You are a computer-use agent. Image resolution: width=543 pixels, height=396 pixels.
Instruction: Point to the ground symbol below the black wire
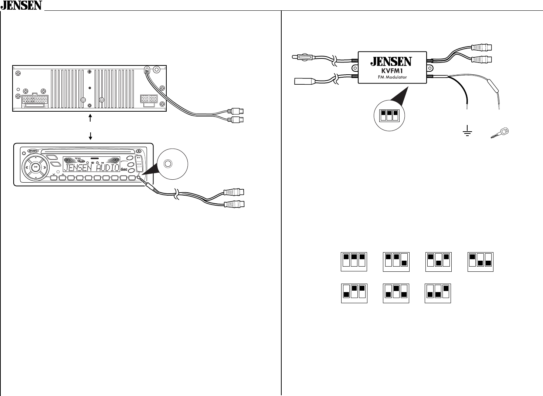[468, 132]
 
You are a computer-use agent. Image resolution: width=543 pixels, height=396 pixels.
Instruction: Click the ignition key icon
[500, 133]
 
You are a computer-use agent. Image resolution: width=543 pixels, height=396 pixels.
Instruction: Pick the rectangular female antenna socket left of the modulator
[304, 81]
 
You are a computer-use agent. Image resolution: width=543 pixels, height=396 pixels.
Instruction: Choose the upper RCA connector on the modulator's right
[481, 48]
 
